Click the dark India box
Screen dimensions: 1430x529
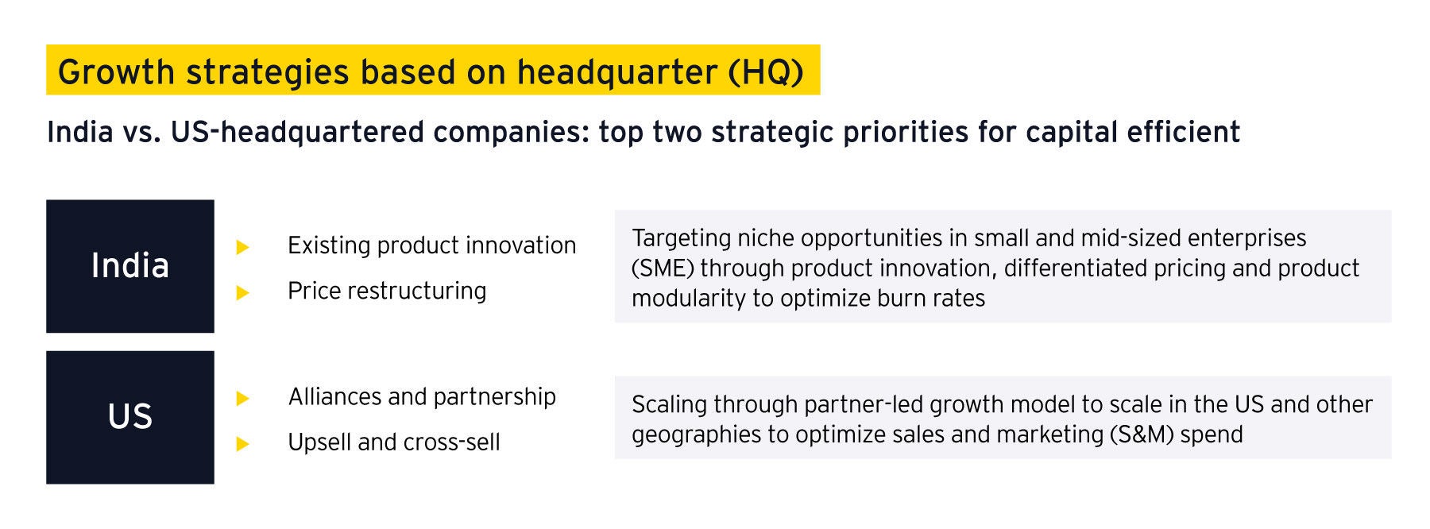130,266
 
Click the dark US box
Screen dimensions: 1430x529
130,417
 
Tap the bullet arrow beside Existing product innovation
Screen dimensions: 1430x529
243,247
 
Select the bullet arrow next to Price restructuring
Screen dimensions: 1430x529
243,293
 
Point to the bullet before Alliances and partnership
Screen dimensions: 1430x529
243,399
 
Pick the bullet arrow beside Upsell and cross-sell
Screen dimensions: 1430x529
243,444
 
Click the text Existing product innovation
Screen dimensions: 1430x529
431,245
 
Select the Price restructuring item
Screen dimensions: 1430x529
387,292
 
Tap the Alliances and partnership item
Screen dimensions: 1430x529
422,396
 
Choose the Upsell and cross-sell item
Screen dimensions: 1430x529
394,442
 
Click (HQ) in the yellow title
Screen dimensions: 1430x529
766,72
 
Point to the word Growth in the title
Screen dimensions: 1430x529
116,72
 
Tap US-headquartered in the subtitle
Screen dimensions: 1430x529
297,132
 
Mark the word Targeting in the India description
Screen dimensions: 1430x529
681,239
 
